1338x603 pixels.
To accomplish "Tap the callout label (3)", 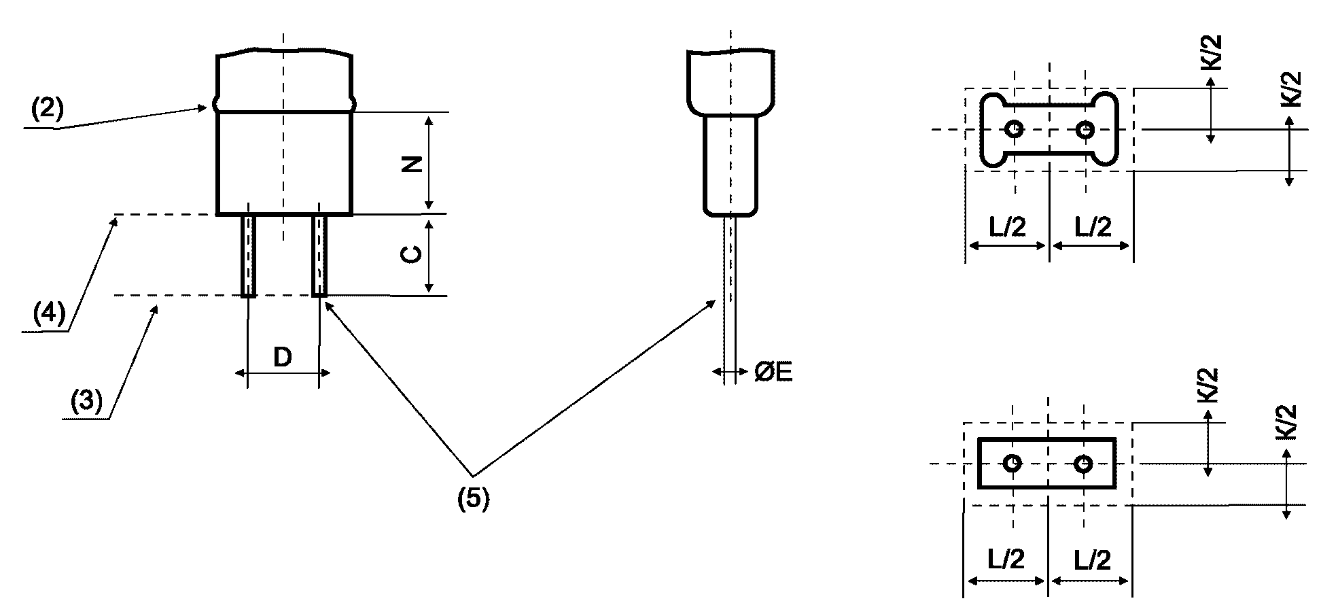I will [86, 401].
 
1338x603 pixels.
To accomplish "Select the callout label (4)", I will [49, 313].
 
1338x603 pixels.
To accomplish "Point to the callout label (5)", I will [473, 499].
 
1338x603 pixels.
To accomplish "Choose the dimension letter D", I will [283, 357].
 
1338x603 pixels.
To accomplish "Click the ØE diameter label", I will [773, 372].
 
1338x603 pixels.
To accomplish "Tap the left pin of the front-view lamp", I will [249, 255].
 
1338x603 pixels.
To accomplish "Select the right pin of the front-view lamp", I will [319, 255].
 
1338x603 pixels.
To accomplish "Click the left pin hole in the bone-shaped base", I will [1014, 129].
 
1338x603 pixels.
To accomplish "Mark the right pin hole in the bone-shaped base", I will [1085, 129].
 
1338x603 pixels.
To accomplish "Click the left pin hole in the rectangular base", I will [1013, 464].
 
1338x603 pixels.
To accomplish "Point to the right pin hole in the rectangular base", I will [1083, 464].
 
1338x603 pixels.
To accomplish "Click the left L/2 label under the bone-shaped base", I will [1007, 226].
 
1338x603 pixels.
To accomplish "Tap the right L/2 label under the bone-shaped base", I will [1093, 226].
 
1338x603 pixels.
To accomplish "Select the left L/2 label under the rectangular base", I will [1006, 559].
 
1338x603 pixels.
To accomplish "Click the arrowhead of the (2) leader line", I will [204, 107].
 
